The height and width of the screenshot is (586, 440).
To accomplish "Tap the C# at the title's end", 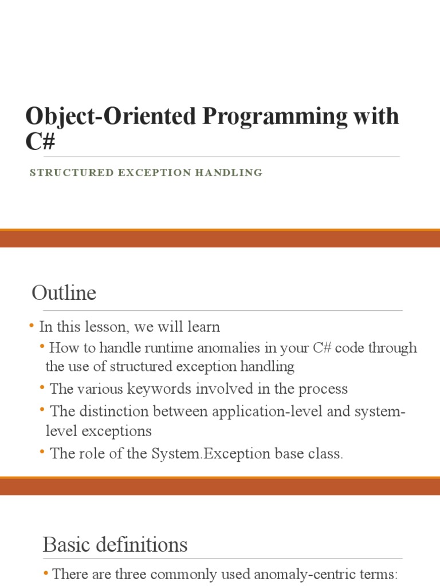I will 40,141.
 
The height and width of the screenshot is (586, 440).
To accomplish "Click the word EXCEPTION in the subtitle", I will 150,172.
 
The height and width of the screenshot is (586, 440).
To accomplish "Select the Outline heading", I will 64,293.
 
